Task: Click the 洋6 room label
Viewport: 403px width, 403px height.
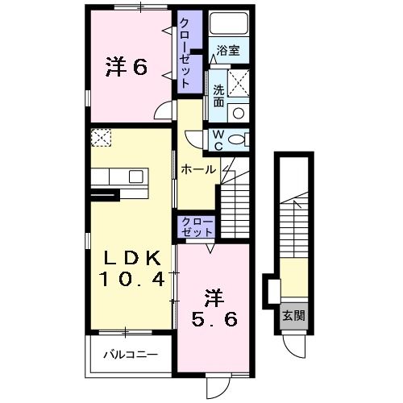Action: [x=126, y=68]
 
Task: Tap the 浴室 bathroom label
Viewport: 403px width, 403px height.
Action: [x=228, y=50]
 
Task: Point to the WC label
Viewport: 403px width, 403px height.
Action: [x=218, y=140]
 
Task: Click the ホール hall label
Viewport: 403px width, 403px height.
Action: [x=197, y=169]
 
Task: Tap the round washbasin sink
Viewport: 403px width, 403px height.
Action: [x=238, y=112]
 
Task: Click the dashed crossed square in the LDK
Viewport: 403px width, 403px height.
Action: [x=102, y=138]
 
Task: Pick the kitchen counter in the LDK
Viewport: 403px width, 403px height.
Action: [x=118, y=176]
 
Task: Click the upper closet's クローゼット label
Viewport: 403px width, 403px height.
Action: [x=186, y=52]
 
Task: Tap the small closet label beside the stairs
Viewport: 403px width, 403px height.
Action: [x=197, y=226]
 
